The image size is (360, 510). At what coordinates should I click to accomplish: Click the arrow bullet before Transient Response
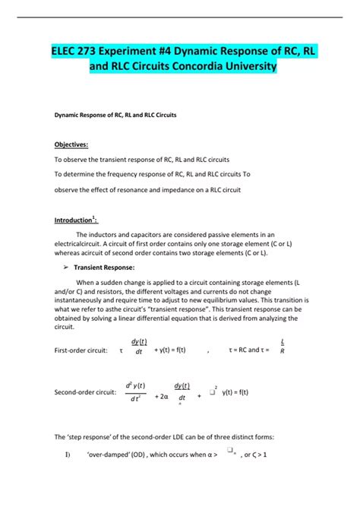coord(58,268)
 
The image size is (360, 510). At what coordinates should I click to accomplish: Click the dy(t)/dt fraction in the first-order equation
coord(139,347)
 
